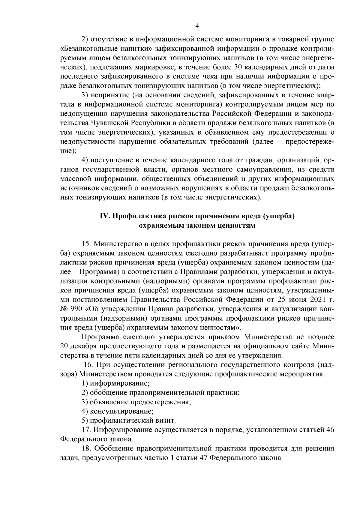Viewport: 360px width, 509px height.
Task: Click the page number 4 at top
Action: point(197,26)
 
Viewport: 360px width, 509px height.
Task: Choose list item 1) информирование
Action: point(116,384)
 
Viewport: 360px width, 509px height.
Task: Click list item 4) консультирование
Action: point(118,411)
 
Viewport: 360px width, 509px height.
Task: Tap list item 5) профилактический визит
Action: point(129,421)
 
